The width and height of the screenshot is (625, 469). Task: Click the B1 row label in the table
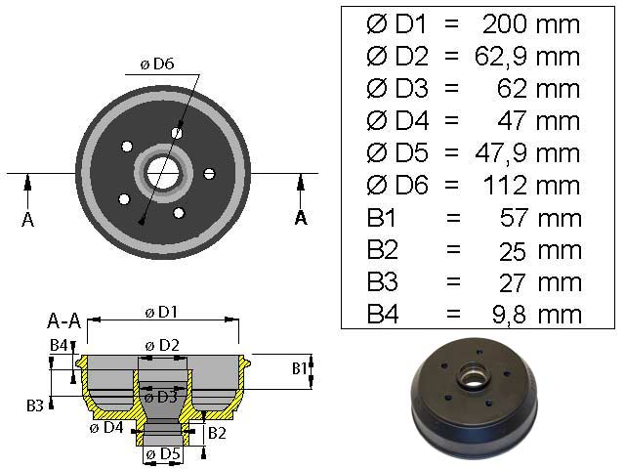pyautogui.click(x=384, y=218)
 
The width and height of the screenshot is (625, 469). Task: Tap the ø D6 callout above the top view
pyautogui.click(x=156, y=64)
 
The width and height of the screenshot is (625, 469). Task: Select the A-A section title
pyautogui.click(x=64, y=320)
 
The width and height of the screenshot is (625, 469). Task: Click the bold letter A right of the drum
pyautogui.click(x=301, y=217)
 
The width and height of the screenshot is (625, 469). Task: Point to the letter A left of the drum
pyautogui.click(x=27, y=219)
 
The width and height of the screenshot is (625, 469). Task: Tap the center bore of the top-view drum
pyautogui.click(x=163, y=172)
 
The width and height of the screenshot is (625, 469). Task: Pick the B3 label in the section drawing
pyautogui.click(x=33, y=404)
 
